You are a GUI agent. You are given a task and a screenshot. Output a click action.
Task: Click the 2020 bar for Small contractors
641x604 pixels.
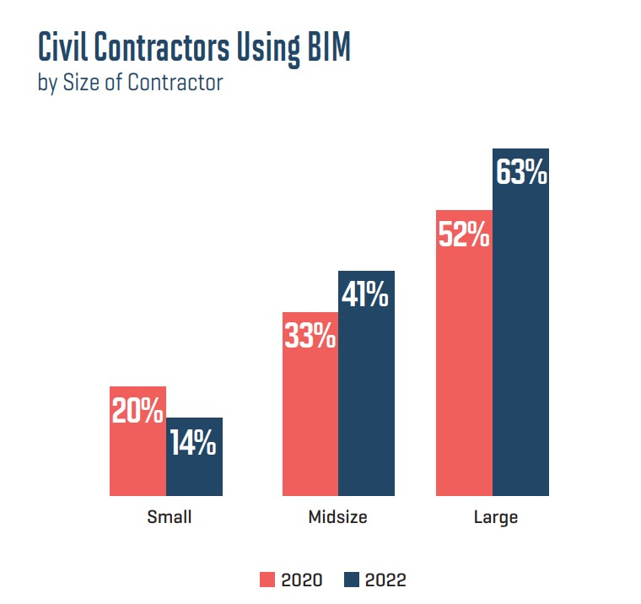tap(137, 456)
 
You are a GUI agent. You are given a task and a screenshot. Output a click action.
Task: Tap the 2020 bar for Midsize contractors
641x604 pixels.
tap(310, 422)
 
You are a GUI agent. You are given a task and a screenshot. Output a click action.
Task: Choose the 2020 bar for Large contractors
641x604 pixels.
tap(464, 371)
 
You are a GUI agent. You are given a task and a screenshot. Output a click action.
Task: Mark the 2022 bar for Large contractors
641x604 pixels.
tap(520, 337)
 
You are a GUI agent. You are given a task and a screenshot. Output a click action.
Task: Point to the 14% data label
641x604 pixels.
tap(194, 443)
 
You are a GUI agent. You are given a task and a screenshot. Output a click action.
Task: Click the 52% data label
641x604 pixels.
tap(464, 235)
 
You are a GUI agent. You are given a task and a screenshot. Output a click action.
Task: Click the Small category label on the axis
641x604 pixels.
tap(170, 516)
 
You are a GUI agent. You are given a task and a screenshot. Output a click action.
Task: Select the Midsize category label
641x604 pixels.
tap(337, 516)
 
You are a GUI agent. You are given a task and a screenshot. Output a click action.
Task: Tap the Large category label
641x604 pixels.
tap(495, 516)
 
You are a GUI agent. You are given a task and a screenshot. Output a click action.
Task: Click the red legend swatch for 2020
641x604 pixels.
tap(267, 580)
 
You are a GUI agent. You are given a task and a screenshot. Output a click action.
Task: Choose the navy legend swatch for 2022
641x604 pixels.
tap(352, 580)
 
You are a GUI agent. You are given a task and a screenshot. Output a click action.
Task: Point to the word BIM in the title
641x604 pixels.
tap(325, 50)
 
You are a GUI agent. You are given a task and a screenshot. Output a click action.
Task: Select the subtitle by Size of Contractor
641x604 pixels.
tap(131, 84)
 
